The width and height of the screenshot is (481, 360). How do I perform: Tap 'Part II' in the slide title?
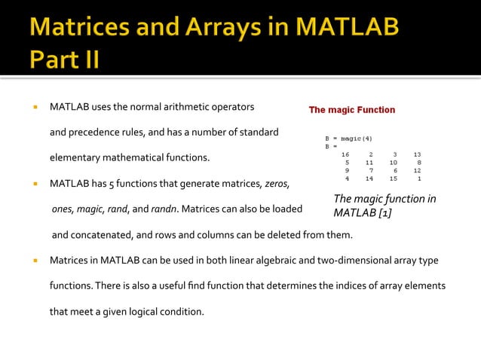[x=64, y=59]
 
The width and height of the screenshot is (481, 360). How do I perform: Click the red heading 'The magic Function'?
[x=351, y=110]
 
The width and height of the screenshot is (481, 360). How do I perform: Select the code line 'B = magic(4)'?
[x=348, y=139]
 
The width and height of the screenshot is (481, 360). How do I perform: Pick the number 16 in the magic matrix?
[x=345, y=154]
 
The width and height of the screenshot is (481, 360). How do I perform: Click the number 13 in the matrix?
[x=416, y=154]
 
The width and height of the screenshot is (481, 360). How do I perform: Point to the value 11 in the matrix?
[x=369, y=163]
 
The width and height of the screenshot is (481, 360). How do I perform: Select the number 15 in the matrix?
[x=393, y=179]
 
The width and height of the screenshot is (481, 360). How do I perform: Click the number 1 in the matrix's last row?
[x=418, y=179]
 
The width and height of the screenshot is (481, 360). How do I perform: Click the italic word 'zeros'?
[x=276, y=183]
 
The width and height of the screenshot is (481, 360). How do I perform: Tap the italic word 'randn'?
[x=164, y=209]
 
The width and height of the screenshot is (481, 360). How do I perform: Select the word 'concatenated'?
[x=102, y=235]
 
